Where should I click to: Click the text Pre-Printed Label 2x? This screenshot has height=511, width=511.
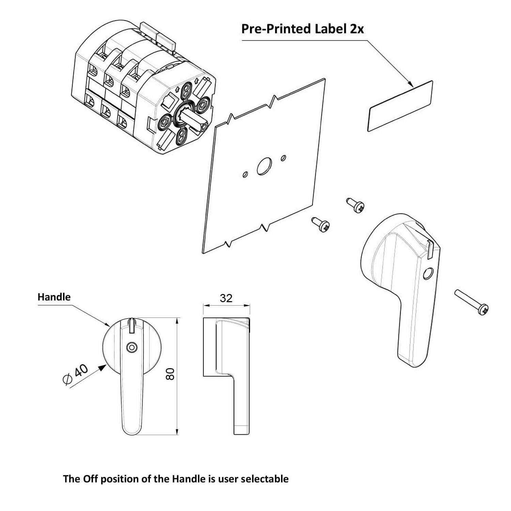click(x=303, y=29)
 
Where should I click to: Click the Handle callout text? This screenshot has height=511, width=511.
click(x=54, y=297)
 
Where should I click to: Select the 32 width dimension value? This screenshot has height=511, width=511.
click(x=226, y=298)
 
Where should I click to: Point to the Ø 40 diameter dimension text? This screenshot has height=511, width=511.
click(x=76, y=375)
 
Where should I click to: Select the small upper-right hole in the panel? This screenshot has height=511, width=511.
click(x=283, y=158)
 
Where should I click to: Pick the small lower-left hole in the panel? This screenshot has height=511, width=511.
click(x=245, y=174)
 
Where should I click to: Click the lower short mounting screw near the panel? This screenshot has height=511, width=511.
click(x=321, y=224)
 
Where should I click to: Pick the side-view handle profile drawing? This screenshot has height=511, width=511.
click(x=226, y=375)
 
